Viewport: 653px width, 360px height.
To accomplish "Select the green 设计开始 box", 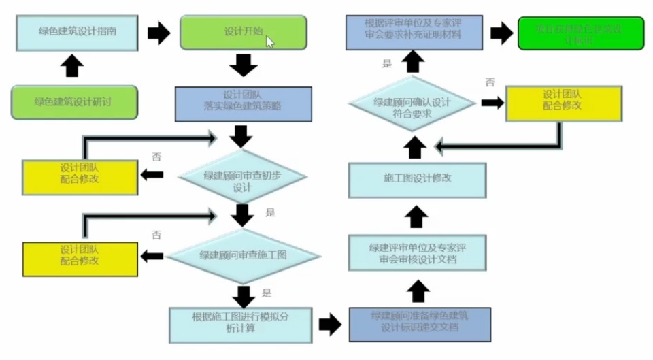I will (243, 32).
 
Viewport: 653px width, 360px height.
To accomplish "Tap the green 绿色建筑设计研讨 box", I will (73, 102).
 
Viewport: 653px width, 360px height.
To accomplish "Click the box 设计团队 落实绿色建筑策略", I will (243, 103).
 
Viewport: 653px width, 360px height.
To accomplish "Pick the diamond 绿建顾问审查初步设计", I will (242, 176).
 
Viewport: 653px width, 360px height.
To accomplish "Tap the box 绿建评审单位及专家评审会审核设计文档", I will (418, 253).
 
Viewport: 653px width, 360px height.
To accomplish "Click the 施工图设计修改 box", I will (418, 178).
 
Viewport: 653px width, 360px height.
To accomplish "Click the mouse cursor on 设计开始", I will (269, 42).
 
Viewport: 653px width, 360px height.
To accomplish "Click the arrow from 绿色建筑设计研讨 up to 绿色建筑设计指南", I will (73, 67).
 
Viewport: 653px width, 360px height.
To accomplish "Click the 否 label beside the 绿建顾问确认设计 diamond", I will (490, 82).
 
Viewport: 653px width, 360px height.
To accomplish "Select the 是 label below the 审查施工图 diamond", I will (267, 293).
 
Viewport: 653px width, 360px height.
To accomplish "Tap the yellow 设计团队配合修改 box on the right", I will (563, 103).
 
